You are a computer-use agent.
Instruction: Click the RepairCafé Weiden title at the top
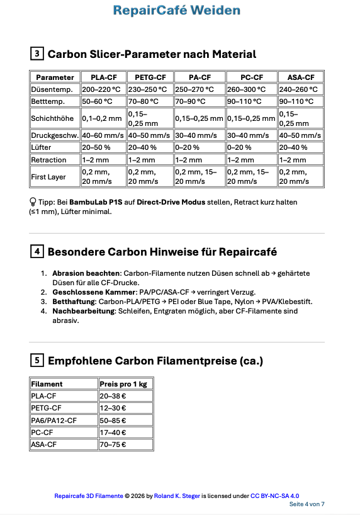tap(177, 10)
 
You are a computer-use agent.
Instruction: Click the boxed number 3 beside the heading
tap(37, 54)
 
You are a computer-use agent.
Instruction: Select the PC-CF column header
tap(250, 77)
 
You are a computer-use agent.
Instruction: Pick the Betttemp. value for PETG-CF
tap(148, 101)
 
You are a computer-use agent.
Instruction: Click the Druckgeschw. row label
tap(54, 135)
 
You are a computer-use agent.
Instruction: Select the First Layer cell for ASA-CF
tap(300, 177)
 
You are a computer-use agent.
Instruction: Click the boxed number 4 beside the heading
tap(37, 252)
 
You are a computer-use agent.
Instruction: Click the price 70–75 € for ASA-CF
tap(113, 444)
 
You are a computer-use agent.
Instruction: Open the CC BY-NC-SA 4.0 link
tap(275, 496)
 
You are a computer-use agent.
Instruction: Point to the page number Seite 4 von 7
tap(307, 504)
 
